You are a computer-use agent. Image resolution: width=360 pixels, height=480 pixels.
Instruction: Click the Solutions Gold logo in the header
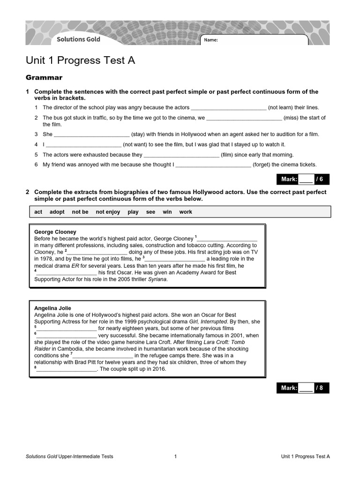tap(78, 39)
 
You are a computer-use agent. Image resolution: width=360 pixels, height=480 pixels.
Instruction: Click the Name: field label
tap(211, 40)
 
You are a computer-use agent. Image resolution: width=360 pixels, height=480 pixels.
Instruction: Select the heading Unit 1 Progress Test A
tap(80, 61)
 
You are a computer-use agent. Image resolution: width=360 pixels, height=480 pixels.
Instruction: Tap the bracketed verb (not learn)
tap(293, 107)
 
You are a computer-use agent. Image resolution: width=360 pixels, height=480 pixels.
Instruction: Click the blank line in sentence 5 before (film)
tap(181, 155)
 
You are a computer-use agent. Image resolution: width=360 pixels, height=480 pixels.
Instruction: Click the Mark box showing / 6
tap(302, 179)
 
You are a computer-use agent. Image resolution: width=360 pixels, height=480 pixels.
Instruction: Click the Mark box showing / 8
tap(302, 388)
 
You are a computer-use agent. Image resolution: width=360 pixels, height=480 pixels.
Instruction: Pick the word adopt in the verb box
tap(57, 212)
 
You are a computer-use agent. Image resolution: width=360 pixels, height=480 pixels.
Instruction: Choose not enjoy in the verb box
tap(108, 212)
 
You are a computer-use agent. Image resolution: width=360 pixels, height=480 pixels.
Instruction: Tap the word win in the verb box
tap(167, 212)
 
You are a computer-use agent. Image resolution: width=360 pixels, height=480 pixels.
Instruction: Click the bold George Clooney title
tap(55, 232)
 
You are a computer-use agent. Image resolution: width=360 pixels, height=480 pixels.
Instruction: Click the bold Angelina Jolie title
tap(53, 308)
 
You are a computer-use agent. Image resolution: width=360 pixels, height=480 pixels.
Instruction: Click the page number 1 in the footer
tap(175, 456)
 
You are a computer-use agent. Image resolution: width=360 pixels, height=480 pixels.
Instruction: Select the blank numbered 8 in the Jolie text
tap(66, 369)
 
